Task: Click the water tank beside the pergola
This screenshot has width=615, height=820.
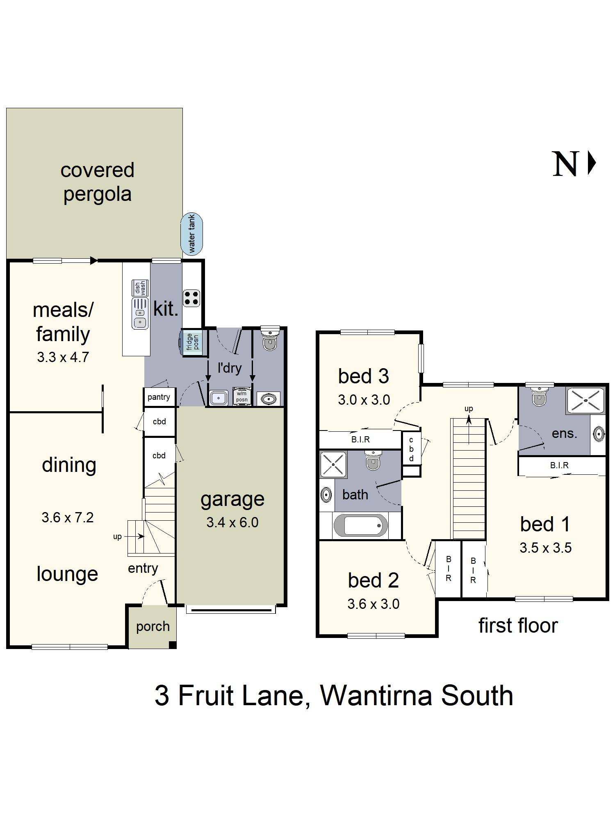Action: click(191, 234)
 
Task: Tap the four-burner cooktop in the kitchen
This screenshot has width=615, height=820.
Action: click(191, 298)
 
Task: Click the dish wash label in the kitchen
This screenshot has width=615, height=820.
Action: click(140, 288)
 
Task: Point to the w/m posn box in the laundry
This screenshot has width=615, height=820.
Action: click(241, 396)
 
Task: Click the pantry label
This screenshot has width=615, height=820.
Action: click(159, 397)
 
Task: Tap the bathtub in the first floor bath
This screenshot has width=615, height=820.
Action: click(360, 525)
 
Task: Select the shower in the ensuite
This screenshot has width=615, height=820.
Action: click(585, 400)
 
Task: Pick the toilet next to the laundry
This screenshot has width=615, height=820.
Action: click(270, 339)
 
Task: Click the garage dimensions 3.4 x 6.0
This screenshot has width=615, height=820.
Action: click(232, 522)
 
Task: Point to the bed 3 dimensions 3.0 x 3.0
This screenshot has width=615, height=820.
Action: click(364, 400)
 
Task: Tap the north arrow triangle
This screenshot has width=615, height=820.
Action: click(592, 163)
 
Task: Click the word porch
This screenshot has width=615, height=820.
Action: click(153, 627)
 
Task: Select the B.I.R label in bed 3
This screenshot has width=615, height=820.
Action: click(361, 440)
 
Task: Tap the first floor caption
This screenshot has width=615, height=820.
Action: click(518, 626)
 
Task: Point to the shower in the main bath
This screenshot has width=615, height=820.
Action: click(333, 465)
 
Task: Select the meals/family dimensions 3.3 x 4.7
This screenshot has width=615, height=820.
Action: click(63, 357)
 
